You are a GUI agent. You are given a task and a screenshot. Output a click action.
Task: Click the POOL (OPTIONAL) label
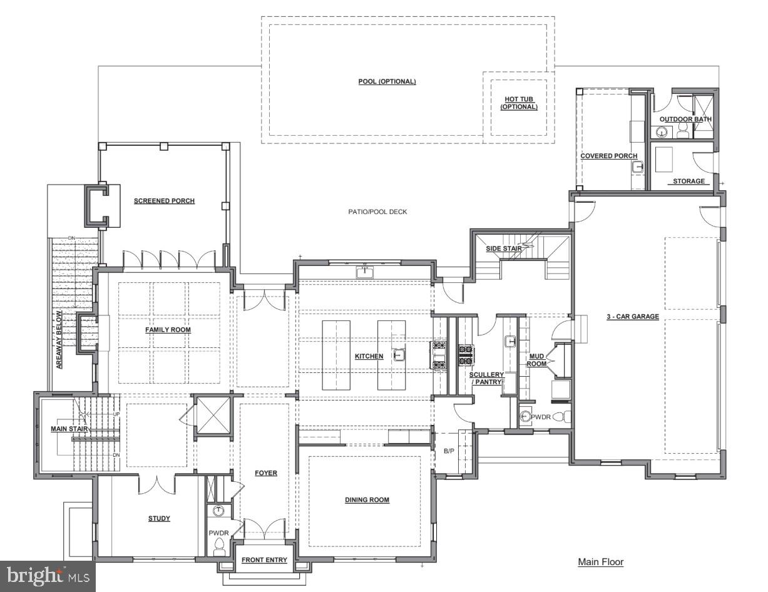point(387,82)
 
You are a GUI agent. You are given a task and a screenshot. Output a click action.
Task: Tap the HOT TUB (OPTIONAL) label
point(518,103)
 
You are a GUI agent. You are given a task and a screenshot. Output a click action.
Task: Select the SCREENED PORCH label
point(164,201)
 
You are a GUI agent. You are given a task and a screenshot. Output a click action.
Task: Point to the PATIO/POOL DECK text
point(377,212)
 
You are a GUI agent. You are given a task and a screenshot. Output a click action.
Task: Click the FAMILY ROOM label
point(168,330)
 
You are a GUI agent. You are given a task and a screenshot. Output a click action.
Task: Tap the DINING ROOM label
point(367,500)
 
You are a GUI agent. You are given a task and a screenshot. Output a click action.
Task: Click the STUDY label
point(159,518)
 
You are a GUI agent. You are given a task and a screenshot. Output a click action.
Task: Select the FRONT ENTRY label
point(264,560)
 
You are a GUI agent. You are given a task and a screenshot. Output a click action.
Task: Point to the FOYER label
point(266,473)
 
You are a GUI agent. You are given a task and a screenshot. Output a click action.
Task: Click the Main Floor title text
point(600,562)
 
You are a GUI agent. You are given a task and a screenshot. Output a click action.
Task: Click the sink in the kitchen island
point(398,355)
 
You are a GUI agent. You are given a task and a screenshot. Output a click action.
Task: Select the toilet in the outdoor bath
point(683,130)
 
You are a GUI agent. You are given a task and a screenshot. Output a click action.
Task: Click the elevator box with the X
point(212,414)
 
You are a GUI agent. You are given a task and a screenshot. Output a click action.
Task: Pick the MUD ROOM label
point(537,359)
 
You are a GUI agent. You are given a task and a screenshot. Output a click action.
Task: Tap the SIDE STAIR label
point(504,249)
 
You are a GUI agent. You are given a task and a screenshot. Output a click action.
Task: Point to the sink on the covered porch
point(637,167)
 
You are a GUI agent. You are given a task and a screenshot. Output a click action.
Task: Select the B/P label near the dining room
point(449,451)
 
